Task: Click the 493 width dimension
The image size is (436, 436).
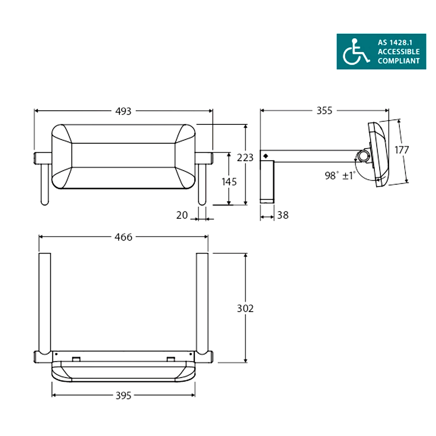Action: pyautogui.click(x=123, y=111)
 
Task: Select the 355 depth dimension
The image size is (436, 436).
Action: pyautogui.click(x=324, y=111)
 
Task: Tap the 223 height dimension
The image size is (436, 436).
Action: pyautogui.click(x=245, y=158)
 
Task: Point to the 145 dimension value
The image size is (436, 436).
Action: pyautogui.click(x=229, y=182)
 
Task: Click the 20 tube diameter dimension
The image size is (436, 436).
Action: pyautogui.click(x=182, y=215)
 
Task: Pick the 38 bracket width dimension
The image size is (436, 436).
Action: pyautogui.click(x=283, y=215)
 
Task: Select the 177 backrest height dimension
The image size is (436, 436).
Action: pyautogui.click(x=401, y=150)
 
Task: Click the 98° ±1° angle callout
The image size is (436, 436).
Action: pyautogui.click(x=339, y=176)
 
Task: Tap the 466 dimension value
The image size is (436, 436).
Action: pyautogui.click(x=123, y=237)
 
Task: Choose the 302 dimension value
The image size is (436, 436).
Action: pyautogui.click(x=245, y=308)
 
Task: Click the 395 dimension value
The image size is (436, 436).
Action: pyautogui.click(x=123, y=396)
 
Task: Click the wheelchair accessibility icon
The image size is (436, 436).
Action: pyautogui.click(x=355, y=52)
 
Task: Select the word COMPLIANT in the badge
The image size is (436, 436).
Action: pyautogui.click(x=399, y=61)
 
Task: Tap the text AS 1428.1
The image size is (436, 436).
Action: pyautogui.click(x=395, y=43)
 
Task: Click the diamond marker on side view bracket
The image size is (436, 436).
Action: pyautogui.click(x=265, y=156)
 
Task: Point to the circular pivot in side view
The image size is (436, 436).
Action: pyautogui.click(x=362, y=156)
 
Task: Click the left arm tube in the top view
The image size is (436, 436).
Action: pyautogui.click(x=45, y=302)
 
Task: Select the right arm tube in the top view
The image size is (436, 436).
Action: pyautogui.click(x=202, y=302)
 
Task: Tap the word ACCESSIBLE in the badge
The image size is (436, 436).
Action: pyautogui.click(x=399, y=52)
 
